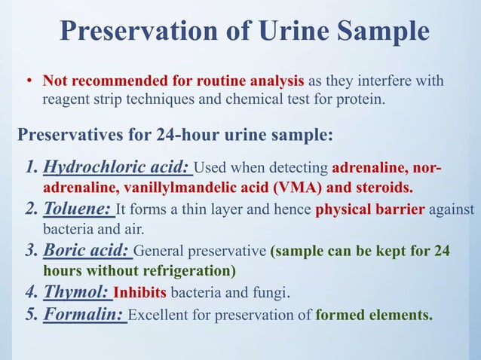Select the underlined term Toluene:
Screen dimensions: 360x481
coord(78,209)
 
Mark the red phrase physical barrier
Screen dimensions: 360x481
coord(369,210)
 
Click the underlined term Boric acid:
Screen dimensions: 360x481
coord(87,252)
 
